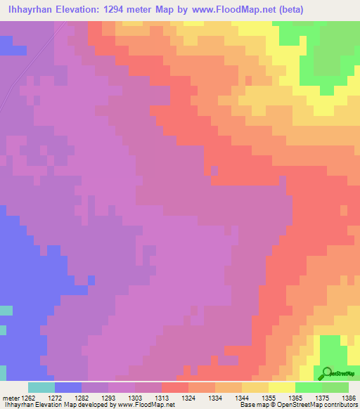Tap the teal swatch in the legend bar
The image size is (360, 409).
(41, 387)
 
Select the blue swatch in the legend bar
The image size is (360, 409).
(68, 387)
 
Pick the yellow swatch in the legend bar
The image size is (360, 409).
(281, 387)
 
